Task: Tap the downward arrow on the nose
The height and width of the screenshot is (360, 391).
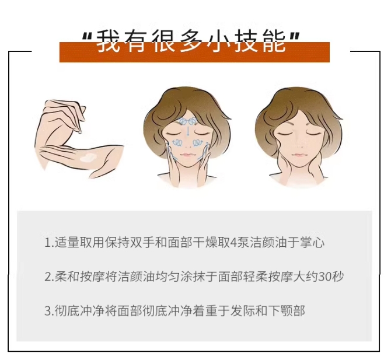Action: click(187, 131)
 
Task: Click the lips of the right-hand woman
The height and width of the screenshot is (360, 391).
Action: click(298, 155)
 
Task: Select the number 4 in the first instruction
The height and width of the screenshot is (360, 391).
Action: click(234, 243)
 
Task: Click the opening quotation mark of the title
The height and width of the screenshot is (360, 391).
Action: click(88, 36)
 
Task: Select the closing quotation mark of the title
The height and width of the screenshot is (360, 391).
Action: click(294, 36)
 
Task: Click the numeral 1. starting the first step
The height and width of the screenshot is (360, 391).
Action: click(49, 243)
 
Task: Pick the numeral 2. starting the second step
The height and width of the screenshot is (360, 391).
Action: click(49, 277)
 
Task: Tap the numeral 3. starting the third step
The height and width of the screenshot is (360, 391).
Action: click(49, 311)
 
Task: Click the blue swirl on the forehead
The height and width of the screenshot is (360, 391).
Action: click(187, 121)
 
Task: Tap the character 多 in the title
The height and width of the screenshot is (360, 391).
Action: click(191, 41)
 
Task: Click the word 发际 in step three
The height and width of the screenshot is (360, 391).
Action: click(243, 311)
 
